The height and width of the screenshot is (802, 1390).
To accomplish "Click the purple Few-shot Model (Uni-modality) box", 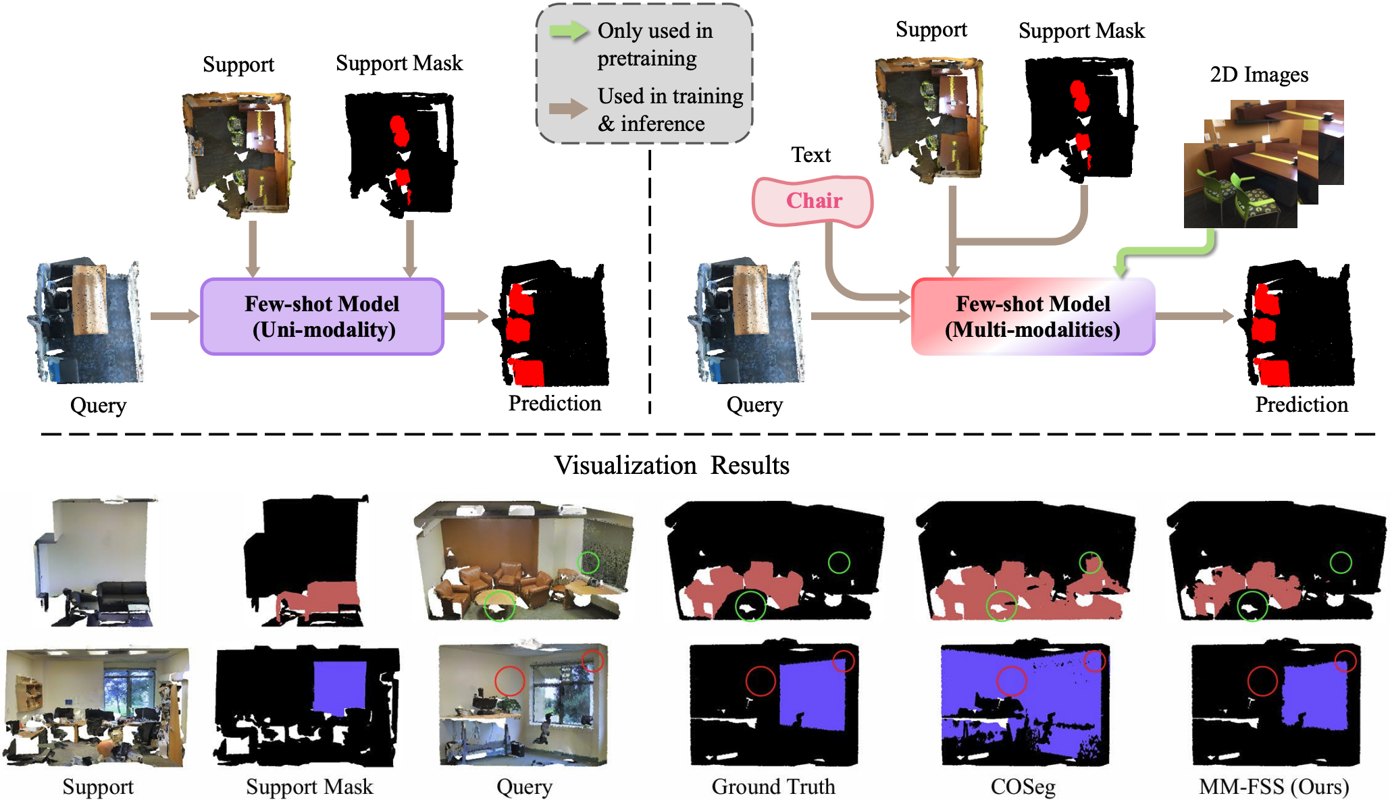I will (x=322, y=317).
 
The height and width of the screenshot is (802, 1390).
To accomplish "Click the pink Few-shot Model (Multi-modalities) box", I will (x=1033, y=317).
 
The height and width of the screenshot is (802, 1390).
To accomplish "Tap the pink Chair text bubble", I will (x=813, y=201).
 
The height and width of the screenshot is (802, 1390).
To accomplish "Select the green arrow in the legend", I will (x=568, y=31).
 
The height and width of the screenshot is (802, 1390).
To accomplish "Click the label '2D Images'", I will (x=1259, y=75).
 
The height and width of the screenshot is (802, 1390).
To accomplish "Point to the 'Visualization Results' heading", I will (x=671, y=466).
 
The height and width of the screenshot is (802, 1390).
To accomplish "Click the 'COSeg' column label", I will (x=1023, y=787).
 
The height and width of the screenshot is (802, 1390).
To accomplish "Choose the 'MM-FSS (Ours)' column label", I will (x=1274, y=787).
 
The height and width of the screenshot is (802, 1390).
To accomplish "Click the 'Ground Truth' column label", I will (x=773, y=787).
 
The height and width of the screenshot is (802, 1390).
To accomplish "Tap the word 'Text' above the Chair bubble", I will (x=810, y=155).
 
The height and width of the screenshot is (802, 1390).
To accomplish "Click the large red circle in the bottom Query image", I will (x=509, y=681).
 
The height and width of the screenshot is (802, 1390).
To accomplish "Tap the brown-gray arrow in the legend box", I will (x=568, y=109).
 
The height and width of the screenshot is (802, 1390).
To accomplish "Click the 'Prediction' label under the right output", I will (x=1301, y=405).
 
